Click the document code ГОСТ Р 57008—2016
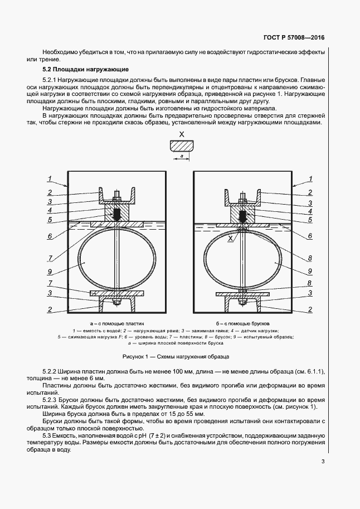coord(293,38)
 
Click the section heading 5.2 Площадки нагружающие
coord(86,69)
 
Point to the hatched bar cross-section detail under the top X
coord(181,147)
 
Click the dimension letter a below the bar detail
coord(181,157)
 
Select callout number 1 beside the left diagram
coord(50,178)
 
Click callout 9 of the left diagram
coord(50,272)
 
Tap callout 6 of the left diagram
coord(50,236)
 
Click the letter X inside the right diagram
coord(230,238)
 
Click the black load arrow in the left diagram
coord(118,214)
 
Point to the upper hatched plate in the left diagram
coord(117,223)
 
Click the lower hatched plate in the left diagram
coord(117,293)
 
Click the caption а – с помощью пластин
coord(117,323)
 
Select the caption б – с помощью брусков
coord(243,323)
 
